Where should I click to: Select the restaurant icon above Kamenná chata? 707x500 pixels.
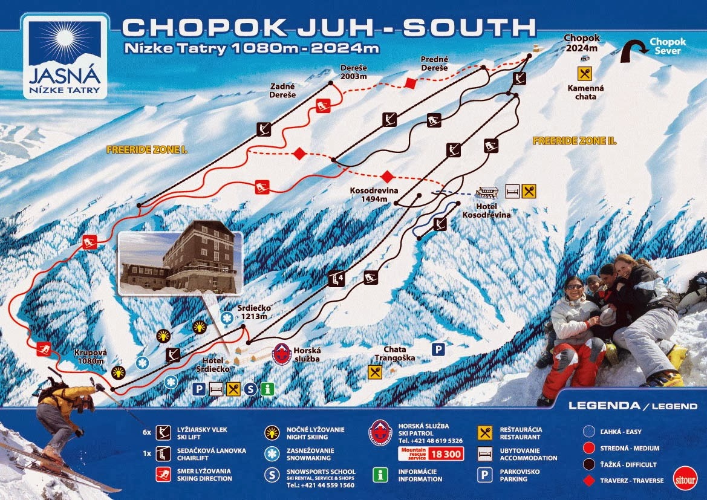[x=584, y=74]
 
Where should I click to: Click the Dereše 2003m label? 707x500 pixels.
[x=353, y=72]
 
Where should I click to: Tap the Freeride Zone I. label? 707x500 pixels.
[x=146, y=149]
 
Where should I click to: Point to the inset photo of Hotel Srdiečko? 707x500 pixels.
[x=180, y=264]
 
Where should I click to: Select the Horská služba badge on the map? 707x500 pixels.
[x=282, y=354]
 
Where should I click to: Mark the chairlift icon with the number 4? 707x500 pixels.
[x=336, y=279]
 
